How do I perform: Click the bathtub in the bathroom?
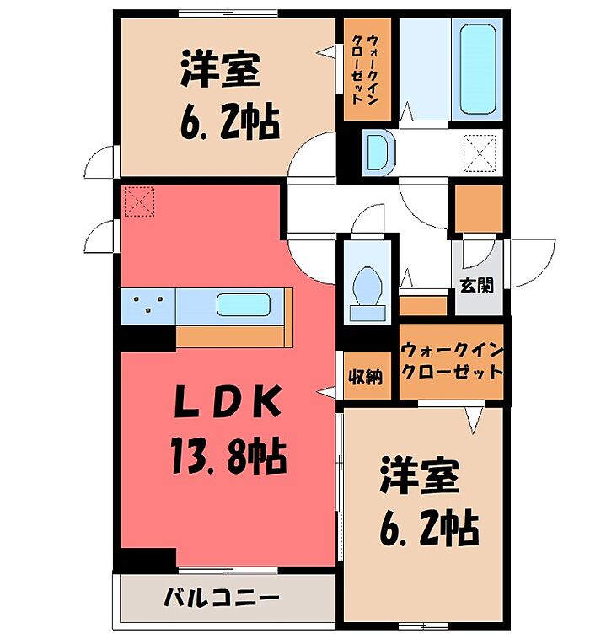coord(478,69)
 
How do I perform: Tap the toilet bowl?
coord(367,287)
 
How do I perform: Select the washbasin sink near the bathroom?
coord(379,153)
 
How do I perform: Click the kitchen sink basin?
coord(244,305)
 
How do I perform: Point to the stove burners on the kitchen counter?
coord(148,303)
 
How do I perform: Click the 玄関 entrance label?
coord(477,286)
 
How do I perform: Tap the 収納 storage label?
coord(366,377)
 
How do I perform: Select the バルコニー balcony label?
coord(222,599)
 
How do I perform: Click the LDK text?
coord(228,402)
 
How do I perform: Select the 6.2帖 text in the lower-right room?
coord(429,529)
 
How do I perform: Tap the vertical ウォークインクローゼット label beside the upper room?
coord(365,69)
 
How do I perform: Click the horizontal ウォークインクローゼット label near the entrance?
coord(451,361)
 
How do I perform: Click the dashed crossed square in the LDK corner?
coord(139,201)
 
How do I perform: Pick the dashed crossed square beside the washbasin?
coord(480,153)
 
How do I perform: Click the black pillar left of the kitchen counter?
coord(145,338)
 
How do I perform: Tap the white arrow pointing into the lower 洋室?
coord(474,420)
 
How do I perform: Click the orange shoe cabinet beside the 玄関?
coord(423,306)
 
